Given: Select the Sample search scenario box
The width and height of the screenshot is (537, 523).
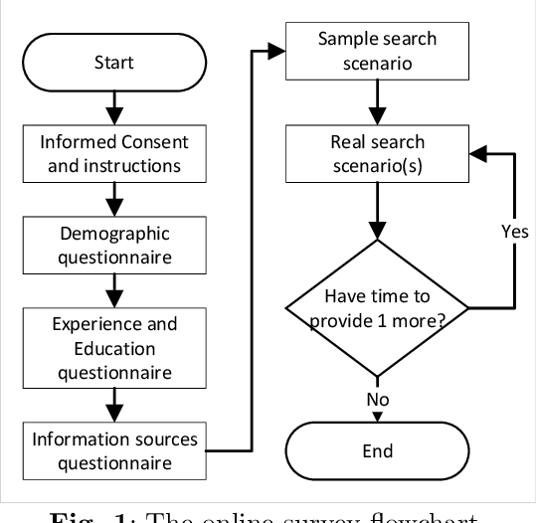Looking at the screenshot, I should click(x=377, y=49).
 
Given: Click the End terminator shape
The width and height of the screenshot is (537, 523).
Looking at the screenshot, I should click(x=377, y=450).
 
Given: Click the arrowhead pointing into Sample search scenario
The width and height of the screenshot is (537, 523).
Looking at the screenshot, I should click(x=279, y=50).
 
